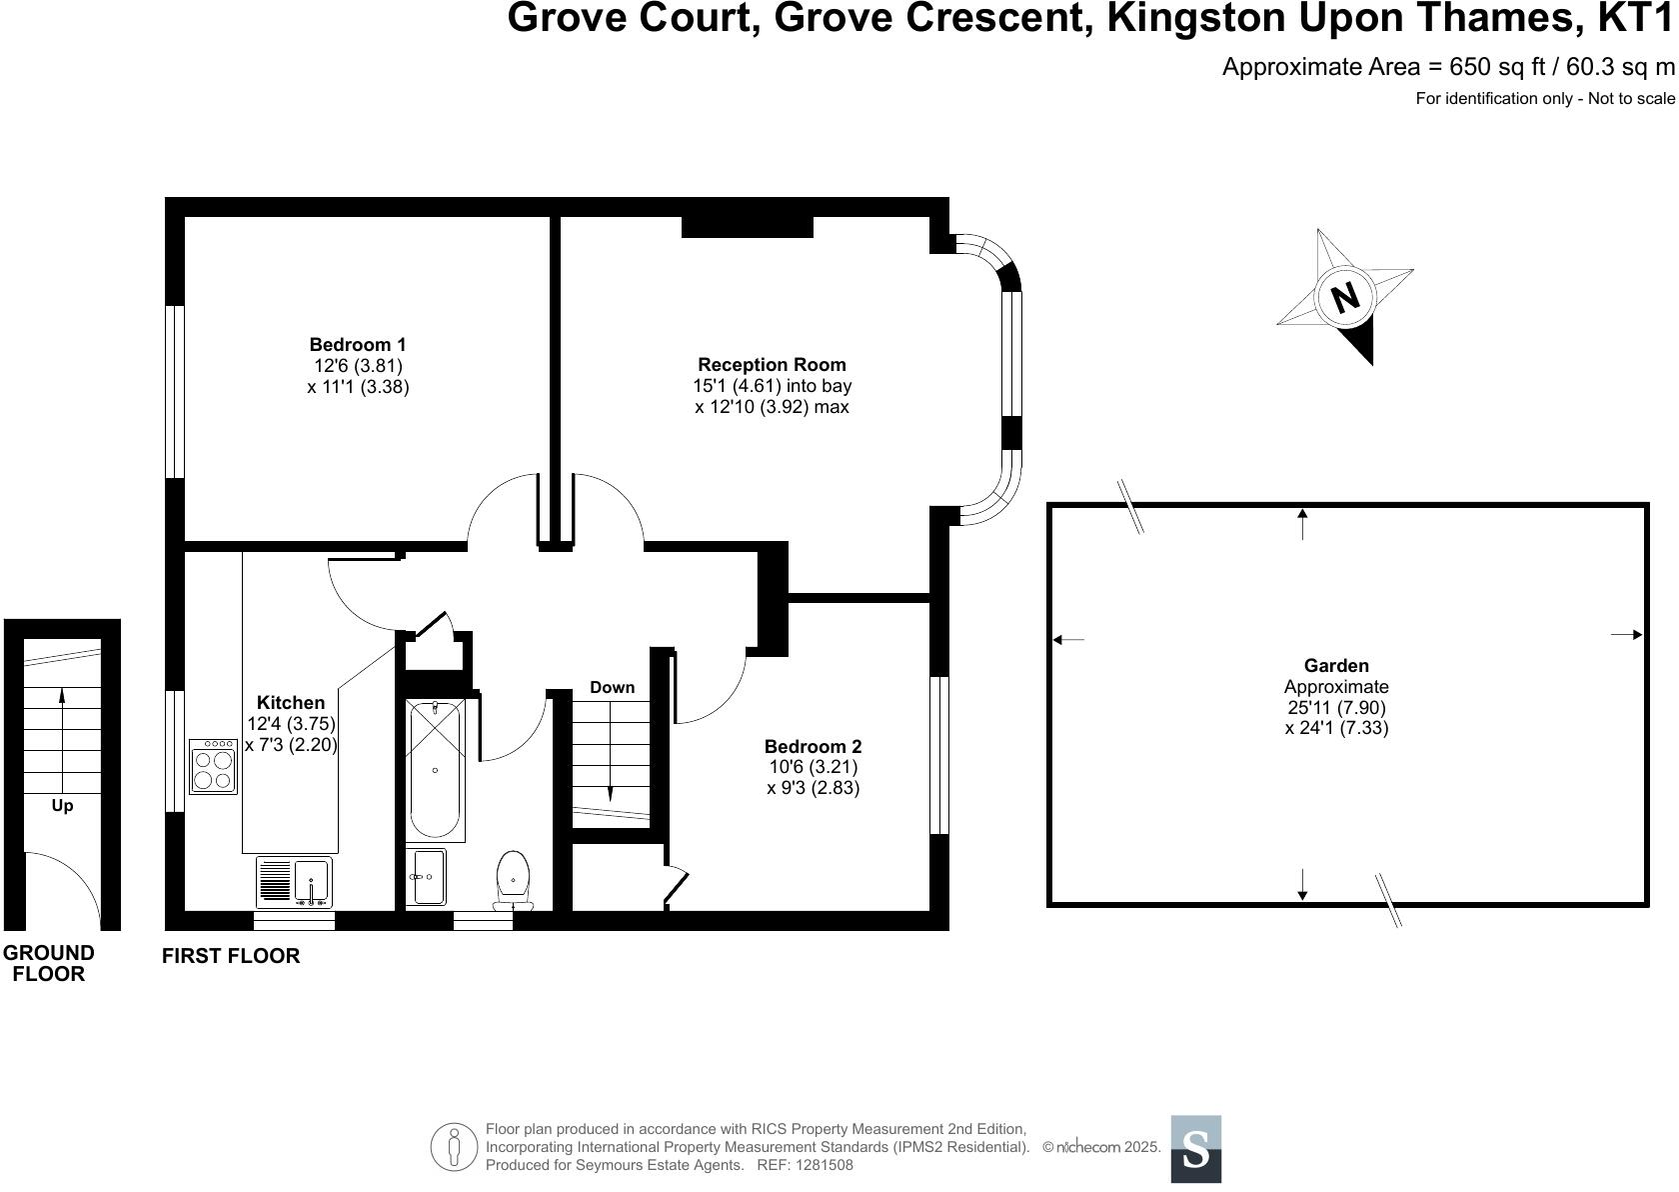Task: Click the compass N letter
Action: click(1345, 297)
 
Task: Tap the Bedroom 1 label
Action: click(358, 344)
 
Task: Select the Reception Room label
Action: click(772, 365)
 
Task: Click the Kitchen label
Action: click(291, 702)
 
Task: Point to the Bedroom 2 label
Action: click(814, 746)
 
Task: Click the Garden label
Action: click(1336, 665)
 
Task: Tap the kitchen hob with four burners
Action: click(214, 767)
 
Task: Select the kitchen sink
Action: click(295, 881)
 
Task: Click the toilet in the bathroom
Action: click(514, 881)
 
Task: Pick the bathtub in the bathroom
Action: click(436, 770)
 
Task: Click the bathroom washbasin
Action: click(427, 876)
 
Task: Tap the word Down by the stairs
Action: click(613, 687)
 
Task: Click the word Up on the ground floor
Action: click(62, 806)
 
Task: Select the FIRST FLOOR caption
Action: click(231, 956)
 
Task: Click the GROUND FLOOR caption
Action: click(49, 963)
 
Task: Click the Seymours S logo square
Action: click(1196, 1149)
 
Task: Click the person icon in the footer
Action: click(454, 1147)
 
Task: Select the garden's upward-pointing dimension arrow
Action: click(1303, 524)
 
